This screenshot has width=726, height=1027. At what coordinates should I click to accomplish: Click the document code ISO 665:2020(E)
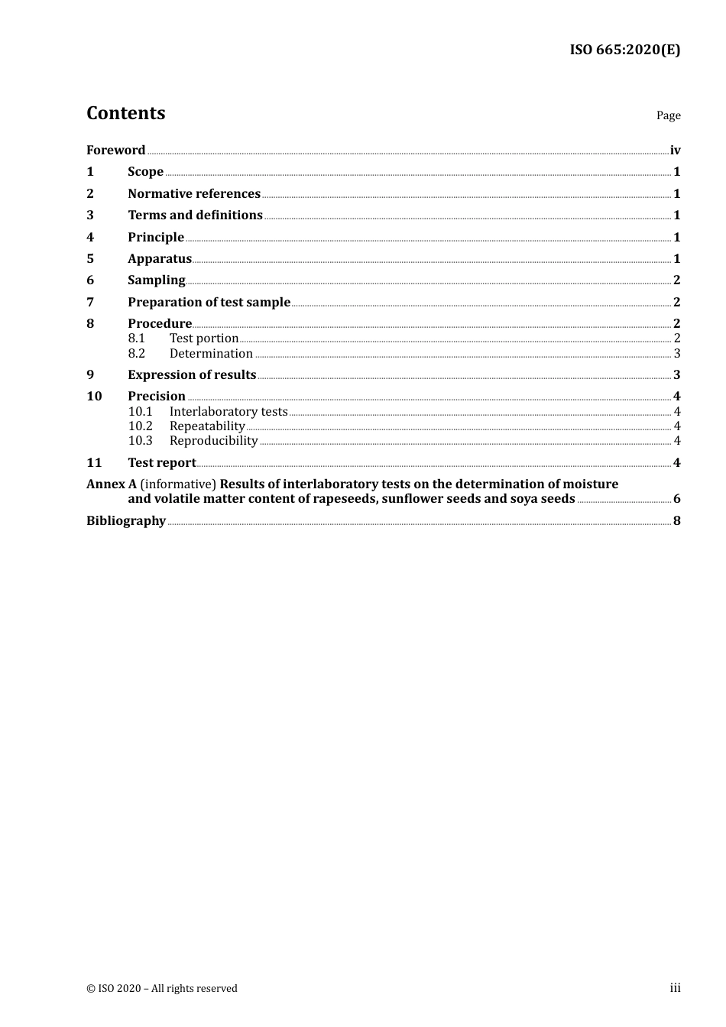[624, 50]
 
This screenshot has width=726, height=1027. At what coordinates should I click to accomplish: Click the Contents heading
[125, 113]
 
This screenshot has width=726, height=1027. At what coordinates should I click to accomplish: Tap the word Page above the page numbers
[668, 115]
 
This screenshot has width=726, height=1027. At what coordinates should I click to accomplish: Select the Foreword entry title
[115, 151]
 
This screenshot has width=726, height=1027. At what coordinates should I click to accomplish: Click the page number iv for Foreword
[675, 151]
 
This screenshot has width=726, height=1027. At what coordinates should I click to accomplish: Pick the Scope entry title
[145, 172]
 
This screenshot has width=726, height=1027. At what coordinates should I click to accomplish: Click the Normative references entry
[194, 194]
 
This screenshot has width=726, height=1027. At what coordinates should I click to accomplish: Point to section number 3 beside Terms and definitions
[90, 215]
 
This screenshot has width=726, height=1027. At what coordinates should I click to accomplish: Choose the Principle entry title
[156, 238]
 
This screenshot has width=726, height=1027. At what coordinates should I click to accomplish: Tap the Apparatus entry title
[160, 259]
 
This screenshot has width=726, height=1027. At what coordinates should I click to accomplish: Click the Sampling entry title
[157, 280]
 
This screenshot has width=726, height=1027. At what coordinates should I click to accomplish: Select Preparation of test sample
[209, 303]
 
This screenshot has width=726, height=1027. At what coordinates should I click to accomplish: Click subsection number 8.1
[136, 339]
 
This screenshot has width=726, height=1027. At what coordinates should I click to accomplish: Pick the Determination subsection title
[211, 354]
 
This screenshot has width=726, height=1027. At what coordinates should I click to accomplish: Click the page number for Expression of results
[676, 375]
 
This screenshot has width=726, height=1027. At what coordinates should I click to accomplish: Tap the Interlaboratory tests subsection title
[228, 412]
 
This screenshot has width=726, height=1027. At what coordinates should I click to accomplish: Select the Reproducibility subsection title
[213, 441]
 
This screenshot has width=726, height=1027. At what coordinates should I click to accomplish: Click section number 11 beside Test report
[94, 463]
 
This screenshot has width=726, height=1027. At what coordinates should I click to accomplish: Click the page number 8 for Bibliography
[676, 521]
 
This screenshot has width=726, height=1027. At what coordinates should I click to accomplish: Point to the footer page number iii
[675, 988]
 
